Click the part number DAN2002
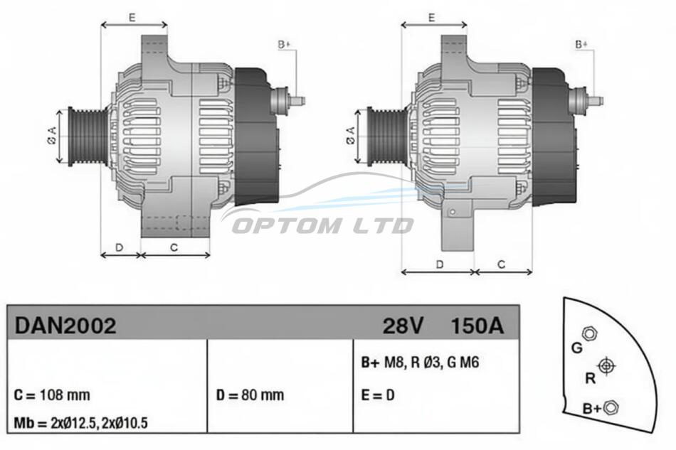point(65,326)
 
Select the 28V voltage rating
point(403,326)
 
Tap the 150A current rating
point(477,326)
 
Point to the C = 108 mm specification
point(52,395)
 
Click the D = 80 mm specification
point(250,395)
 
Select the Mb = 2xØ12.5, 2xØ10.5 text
point(80,423)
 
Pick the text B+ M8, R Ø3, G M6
point(420,363)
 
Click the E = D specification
point(378,395)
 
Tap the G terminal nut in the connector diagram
point(588,333)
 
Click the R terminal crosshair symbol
point(606,366)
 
